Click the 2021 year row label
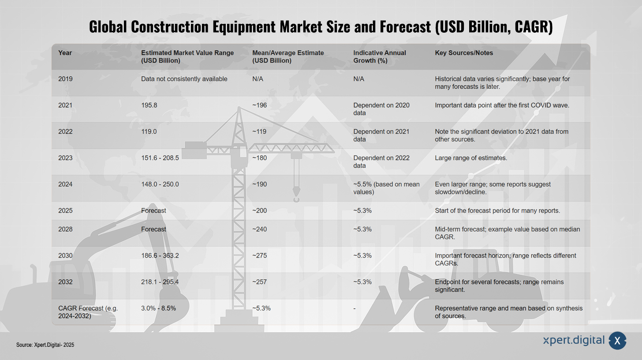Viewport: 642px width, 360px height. pyautogui.click(x=65, y=105)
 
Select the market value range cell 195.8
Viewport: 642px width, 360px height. pyautogui.click(x=149, y=105)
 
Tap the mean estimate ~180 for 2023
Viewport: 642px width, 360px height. pyautogui.click(x=259, y=158)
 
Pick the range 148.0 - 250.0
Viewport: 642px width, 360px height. pyautogui.click(x=160, y=184)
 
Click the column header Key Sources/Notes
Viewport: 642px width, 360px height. pyautogui.click(x=464, y=53)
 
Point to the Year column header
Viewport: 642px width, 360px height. pyautogui.click(x=65, y=53)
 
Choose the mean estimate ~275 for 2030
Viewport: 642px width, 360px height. pyautogui.click(x=259, y=255)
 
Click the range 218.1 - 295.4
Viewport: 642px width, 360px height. pyautogui.click(x=160, y=282)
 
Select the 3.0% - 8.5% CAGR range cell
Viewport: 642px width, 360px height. pyautogui.click(x=158, y=308)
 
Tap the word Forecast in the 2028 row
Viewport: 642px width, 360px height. pyautogui.click(x=153, y=229)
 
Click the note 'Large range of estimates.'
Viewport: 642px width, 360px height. pyautogui.click(x=471, y=158)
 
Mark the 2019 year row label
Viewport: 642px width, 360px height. pyautogui.click(x=65, y=79)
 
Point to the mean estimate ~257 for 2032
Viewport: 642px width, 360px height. pyautogui.click(x=259, y=282)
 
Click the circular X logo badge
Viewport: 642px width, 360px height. pyautogui.click(x=617, y=341)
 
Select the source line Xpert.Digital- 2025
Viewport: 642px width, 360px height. pyautogui.click(x=45, y=345)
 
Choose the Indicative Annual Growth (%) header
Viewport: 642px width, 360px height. pyautogui.click(x=380, y=57)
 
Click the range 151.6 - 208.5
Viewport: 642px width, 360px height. pyautogui.click(x=160, y=158)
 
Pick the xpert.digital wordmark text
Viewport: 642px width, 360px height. pyautogui.click(x=574, y=341)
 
